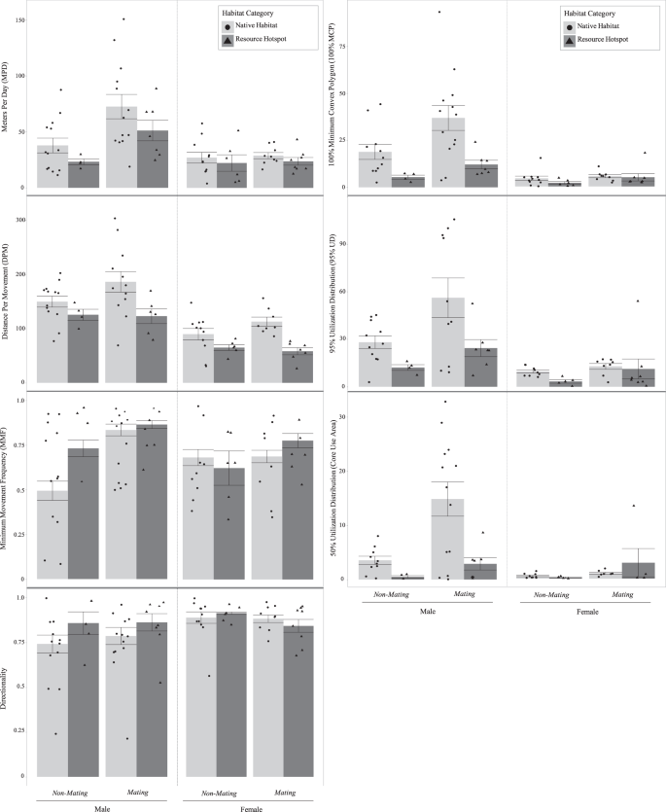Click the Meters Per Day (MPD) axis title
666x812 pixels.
pos(7,97)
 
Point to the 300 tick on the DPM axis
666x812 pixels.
pos(20,219)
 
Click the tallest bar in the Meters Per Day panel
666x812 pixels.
pos(122,147)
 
